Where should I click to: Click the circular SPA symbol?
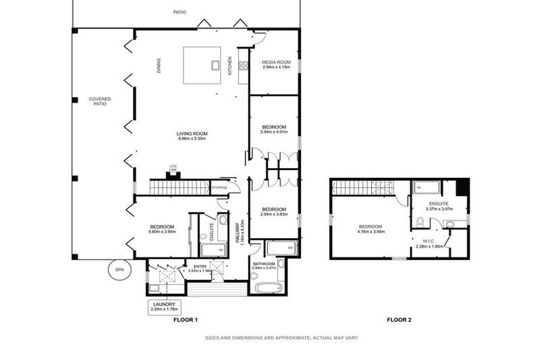(x=119, y=270)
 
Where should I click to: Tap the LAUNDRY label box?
(x=165, y=307)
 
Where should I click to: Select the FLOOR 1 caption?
(x=186, y=320)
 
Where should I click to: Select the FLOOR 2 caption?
(x=399, y=320)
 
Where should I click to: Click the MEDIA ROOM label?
(x=275, y=63)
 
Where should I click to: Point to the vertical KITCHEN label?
(x=230, y=65)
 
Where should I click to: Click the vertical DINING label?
(x=158, y=65)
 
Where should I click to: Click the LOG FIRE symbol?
(x=173, y=172)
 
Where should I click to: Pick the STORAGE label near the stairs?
(x=219, y=188)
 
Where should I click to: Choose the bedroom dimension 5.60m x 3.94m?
(x=162, y=231)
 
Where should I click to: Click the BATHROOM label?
(x=264, y=264)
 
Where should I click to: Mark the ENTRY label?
(x=200, y=266)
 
